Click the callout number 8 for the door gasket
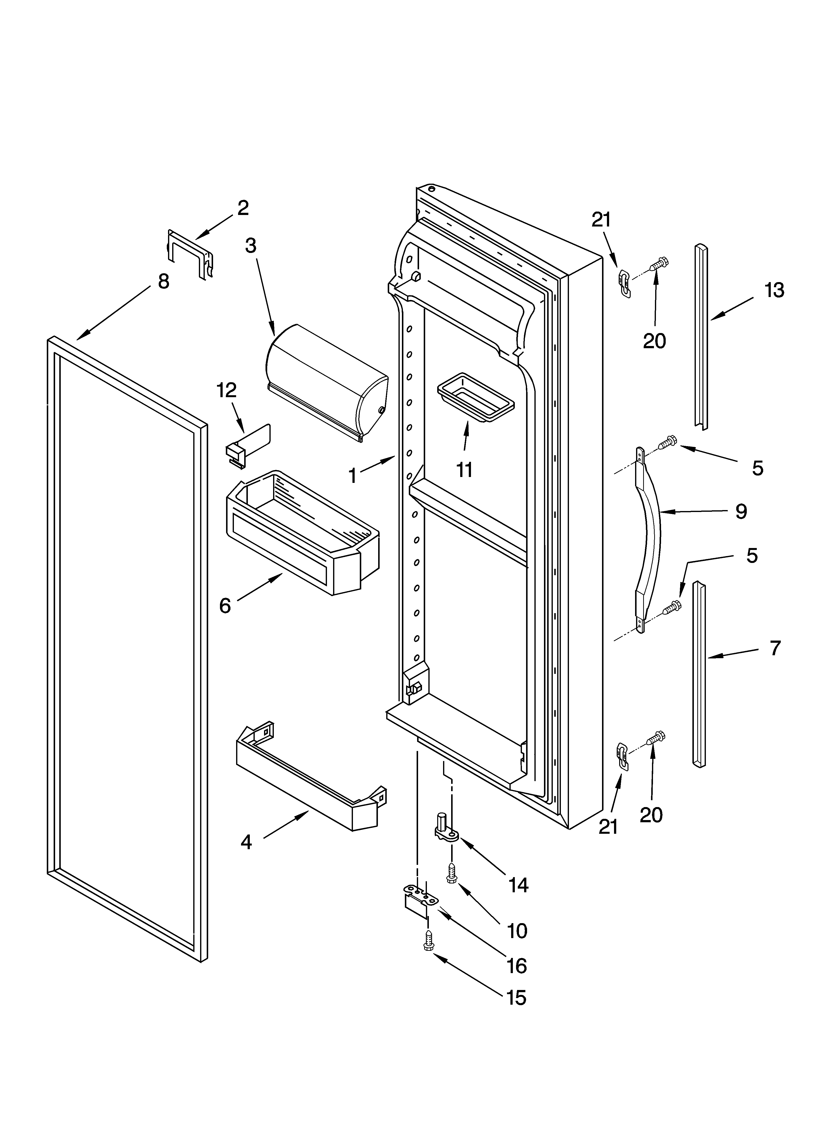(x=163, y=282)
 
